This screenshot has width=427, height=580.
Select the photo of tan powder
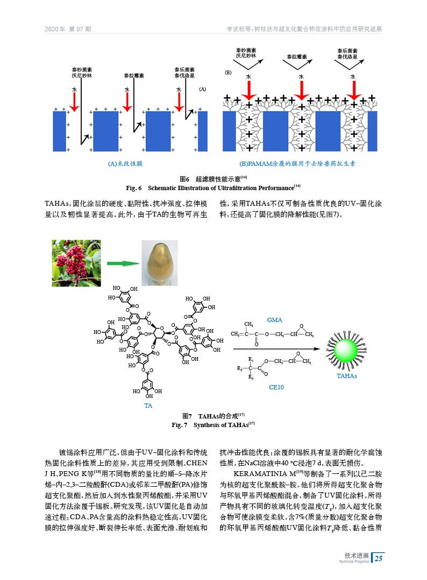point(159,263)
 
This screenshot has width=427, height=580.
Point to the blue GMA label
point(274,320)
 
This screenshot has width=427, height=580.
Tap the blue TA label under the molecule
point(147,405)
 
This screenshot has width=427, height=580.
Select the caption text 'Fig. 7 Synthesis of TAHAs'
point(213,425)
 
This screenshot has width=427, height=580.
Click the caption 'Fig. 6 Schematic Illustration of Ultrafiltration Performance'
point(213,187)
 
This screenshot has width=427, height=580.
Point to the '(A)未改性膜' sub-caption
point(126,162)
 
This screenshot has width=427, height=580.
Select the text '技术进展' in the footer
point(357,555)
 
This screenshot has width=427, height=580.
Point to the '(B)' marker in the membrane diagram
point(227,71)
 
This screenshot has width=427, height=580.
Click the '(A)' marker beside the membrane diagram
point(203,88)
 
